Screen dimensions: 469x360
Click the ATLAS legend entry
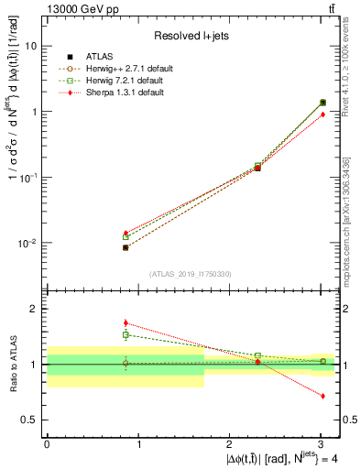tap(100, 57)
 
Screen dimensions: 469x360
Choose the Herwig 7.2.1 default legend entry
tap(120, 81)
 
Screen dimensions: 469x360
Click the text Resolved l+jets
tap(192, 35)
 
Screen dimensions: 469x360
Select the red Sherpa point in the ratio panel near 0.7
tap(322, 396)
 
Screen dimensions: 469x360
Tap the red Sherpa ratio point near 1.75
tap(125, 322)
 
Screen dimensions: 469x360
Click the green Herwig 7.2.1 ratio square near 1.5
tap(125, 335)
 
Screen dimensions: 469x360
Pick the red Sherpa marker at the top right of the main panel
tap(322, 115)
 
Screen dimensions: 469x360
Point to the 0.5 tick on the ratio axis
tap(31, 420)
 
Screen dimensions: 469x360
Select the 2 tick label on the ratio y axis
tap(36, 309)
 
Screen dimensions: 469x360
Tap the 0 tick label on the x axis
tap(47, 444)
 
